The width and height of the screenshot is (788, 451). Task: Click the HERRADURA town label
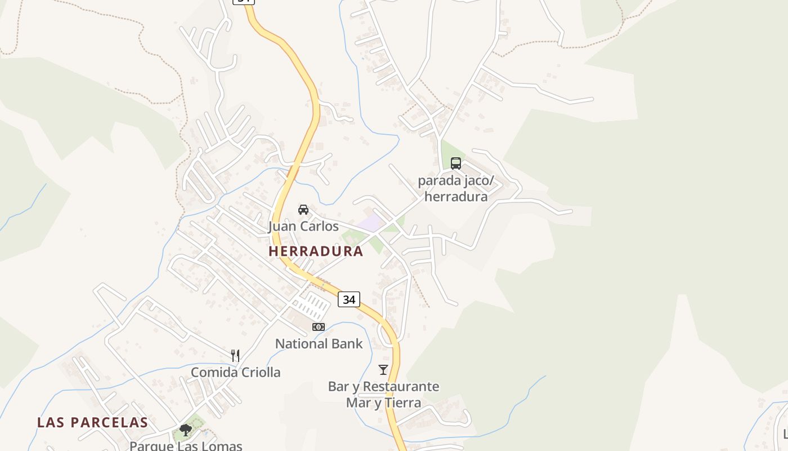316,251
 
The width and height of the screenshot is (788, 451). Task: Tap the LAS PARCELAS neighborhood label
93,422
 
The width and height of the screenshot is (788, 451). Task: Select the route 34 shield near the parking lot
349,299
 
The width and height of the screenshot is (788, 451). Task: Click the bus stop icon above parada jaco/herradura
456,163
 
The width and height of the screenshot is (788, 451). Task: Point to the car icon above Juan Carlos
303,210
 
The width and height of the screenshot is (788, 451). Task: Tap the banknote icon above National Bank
319,327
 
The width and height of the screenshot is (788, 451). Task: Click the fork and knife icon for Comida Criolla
235,356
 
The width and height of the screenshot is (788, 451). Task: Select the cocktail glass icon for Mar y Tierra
383,370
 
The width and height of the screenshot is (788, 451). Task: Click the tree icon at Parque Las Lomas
186,431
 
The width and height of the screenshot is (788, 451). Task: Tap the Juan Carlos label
303,227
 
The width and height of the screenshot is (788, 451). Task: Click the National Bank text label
319,343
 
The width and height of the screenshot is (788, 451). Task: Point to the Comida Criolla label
235,372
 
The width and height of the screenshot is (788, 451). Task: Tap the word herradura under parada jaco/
456,197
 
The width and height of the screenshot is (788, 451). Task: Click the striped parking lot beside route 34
312,307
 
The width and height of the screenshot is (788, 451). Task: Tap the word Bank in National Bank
347,343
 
